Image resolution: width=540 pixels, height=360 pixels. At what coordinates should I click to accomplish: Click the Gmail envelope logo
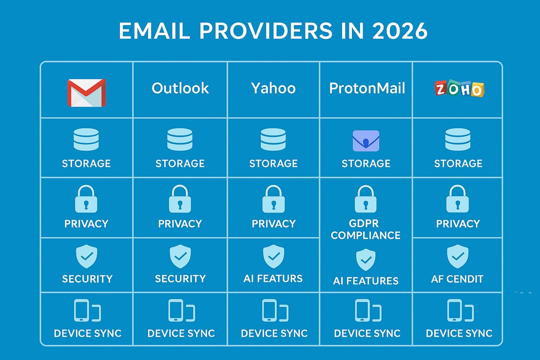(x=86, y=93)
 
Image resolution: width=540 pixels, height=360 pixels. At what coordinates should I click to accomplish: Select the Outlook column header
(x=180, y=88)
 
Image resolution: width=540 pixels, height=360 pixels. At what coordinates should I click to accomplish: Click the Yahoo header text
(x=273, y=88)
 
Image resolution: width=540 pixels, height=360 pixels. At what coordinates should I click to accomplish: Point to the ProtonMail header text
(x=367, y=88)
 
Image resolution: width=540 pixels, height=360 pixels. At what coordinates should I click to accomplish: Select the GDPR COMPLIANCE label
(x=365, y=229)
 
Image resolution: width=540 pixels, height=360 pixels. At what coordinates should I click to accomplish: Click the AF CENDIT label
(x=457, y=279)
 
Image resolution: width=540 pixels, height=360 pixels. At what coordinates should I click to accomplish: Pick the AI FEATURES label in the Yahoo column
(x=273, y=278)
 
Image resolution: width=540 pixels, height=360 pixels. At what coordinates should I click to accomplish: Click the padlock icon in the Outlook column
(x=180, y=199)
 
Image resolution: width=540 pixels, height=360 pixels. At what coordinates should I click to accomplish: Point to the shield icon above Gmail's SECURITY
(x=86, y=257)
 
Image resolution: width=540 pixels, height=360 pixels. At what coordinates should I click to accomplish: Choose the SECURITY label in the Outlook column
(x=180, y=279)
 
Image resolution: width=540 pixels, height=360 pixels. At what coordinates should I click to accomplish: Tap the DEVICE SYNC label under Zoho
(x=459, y=333)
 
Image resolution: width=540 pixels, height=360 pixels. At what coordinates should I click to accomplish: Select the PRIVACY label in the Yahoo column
(x=274, y=224)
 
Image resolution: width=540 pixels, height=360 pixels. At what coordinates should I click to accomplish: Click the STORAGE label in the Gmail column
(x=86, y=163)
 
